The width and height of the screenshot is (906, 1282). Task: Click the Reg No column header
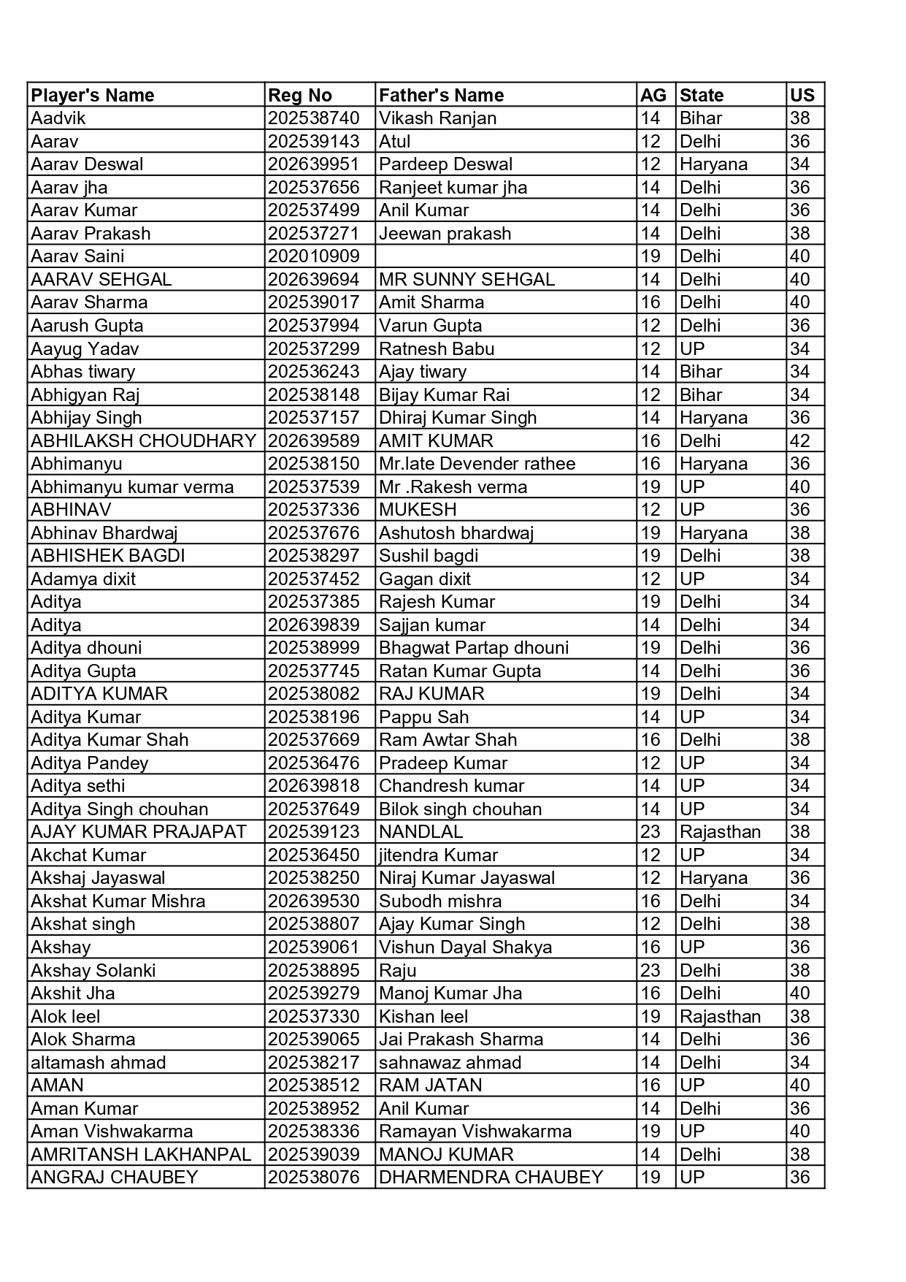[x=300, y=95]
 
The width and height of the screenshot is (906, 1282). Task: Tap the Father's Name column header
[x=441, y=95]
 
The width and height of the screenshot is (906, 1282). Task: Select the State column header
[x=701, y=95]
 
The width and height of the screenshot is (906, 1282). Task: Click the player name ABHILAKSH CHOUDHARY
[x=143, y=440]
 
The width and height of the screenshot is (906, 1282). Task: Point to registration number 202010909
[x=313, y=256]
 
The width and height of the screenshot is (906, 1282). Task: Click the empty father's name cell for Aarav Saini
[x=505, y=256]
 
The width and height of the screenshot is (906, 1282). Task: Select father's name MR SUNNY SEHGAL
[x=467, y=279]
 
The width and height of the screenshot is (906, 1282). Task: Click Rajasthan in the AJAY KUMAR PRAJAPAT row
[x=720, y=832]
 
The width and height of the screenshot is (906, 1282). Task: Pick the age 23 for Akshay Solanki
[x=650, y=970]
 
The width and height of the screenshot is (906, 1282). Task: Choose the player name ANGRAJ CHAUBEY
[x=115, y=1177]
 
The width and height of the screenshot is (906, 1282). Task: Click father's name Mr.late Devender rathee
[x=477, y=464]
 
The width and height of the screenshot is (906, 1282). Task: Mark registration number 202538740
[x=313, y=118]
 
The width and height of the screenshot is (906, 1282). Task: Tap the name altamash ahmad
[x=98, y=1062]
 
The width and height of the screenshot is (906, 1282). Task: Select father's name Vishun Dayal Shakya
[x=465, y=947]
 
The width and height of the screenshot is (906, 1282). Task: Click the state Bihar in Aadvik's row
[x=700, y=118]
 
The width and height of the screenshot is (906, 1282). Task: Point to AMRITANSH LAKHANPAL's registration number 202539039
[x=313, y=1154]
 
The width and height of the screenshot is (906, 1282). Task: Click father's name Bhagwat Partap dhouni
[x=473, y=648]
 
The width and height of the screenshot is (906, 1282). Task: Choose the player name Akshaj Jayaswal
[x=98, y=878]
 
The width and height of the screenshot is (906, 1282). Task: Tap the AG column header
[x=653, y=95]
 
